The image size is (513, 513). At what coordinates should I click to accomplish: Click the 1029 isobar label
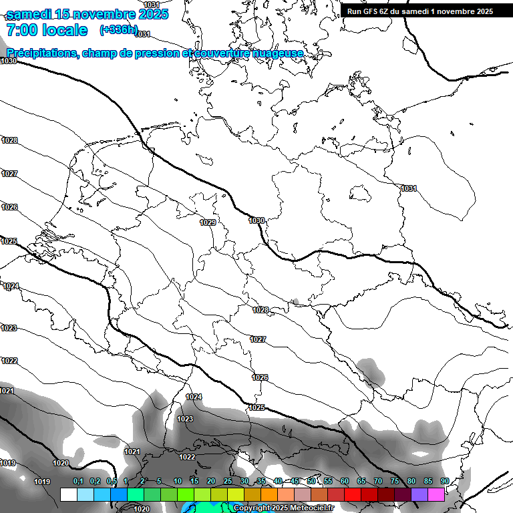pos(208,222)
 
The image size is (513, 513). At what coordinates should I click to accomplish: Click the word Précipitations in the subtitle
pos(41,53)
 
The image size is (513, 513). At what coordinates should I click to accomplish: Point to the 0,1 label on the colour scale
pos(78,482)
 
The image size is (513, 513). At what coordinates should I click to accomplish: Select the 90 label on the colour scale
pos(445,482)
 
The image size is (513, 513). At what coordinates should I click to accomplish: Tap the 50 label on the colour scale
pos(311,482)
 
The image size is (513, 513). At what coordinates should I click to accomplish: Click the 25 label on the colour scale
pos(228,482)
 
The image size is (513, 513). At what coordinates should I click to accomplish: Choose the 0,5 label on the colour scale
pos(112,482)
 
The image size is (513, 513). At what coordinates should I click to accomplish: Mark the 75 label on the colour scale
pos(395,482)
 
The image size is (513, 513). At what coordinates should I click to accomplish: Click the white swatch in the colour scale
pos(68,494)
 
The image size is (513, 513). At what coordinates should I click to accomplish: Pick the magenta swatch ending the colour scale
pos(436,494)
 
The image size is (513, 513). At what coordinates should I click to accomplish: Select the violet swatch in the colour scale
pos(419,494)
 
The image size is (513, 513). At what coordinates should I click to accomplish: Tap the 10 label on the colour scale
pos(178,482)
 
